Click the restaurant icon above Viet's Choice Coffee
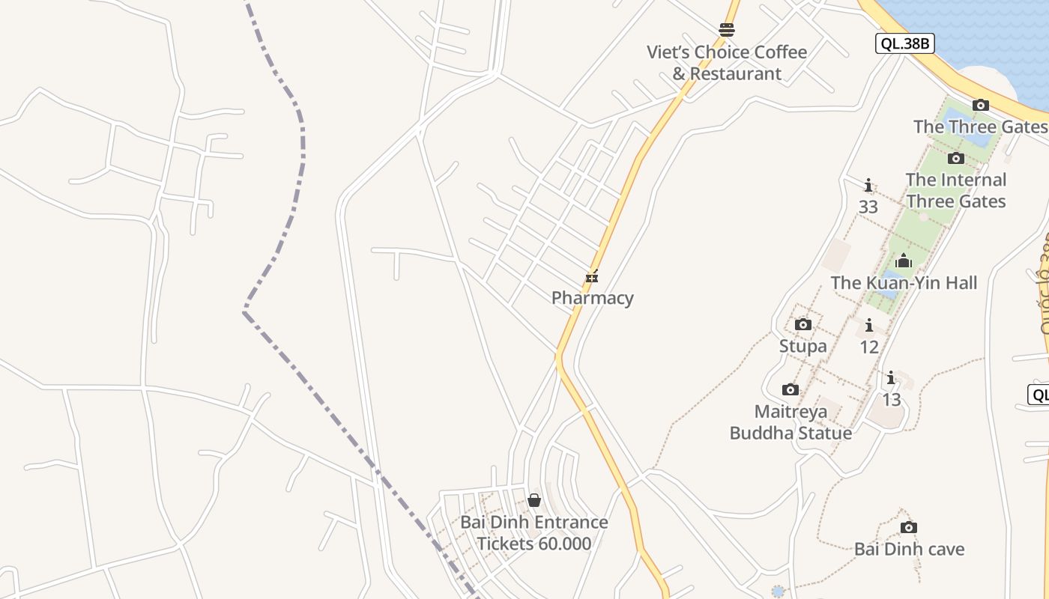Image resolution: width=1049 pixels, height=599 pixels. (x=726, y=30)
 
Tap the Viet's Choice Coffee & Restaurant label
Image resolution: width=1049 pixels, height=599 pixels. (x=727, y=63)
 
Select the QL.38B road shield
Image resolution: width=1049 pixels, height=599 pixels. (x=904, y=43)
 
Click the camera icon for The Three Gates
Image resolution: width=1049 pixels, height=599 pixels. (x=980, y=106)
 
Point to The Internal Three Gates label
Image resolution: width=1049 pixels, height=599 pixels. (x=955, y=190)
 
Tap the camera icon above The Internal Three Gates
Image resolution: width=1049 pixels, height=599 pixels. (x=955, y=158)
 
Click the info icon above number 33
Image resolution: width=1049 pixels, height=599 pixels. (x=868, y=185)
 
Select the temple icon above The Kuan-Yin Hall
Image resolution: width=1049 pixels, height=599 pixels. (x=904, y=261)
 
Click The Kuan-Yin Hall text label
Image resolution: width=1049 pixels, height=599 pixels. (x=904, y=282)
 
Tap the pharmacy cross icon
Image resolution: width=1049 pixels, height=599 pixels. (x=592, y=277)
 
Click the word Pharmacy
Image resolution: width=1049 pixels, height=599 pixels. (x=592, y=298)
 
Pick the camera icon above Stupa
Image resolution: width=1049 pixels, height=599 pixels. (x=802, y=324)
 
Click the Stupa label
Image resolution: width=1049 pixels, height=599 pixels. (x=802, y=346)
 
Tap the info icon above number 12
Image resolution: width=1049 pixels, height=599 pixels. (x=868, y=325)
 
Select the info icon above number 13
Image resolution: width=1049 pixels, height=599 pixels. (x=891, y=377)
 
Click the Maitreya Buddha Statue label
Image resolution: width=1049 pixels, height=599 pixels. (x=790, y=422)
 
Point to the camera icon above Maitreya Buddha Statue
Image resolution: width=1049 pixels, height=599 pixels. (x=790, y=389)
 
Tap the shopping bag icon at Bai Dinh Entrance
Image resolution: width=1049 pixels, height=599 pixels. (x=534, y=499)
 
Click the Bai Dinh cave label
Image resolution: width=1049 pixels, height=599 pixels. (x=909, y=549)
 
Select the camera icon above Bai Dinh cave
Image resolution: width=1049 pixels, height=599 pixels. (x=909, y=527)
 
